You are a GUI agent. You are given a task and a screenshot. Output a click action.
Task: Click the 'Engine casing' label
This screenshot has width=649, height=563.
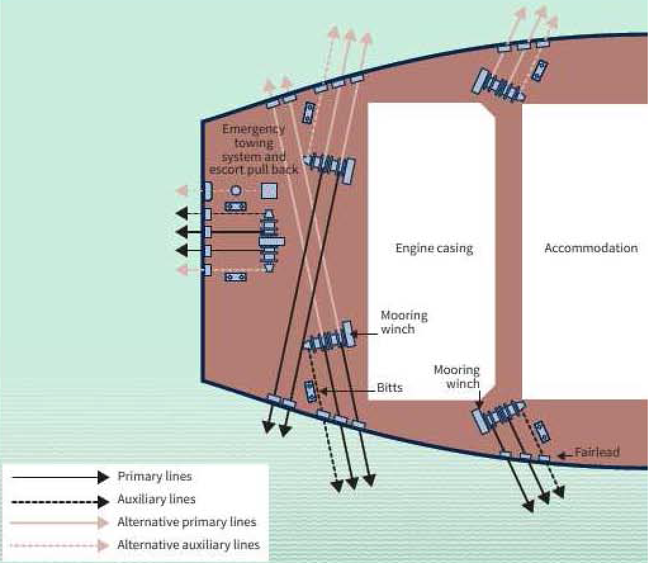click(x=434, y=249)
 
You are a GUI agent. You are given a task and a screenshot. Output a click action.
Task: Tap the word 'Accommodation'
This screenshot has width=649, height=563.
click(x=591, y=248)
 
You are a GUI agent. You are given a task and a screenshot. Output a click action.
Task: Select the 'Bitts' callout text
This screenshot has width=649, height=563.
click(x=390, y=388)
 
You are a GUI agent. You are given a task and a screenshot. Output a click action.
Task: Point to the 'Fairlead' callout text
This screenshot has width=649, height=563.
click(x=597, y=452)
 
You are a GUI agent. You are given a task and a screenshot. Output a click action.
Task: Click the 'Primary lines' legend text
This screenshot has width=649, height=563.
click(x=155, y=477)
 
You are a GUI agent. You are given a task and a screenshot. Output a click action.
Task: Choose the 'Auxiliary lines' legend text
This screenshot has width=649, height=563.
click(x=157, y=499)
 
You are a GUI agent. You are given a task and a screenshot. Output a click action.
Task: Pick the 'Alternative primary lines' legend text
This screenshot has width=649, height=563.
click(x=187, y=522)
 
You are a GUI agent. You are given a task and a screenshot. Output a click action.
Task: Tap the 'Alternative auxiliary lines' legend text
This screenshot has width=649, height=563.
click(x=189, y=545)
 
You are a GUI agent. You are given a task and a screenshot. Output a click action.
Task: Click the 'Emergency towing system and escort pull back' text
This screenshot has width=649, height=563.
click(x=254, y=150)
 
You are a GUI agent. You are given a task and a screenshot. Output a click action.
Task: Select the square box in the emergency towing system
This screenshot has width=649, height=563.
click(x=269, y=191)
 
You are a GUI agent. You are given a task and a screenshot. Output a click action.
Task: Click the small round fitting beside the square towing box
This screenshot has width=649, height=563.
click(x=236, y=191)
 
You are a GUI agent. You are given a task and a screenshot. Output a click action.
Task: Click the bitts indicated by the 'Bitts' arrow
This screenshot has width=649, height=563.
click(x=311, y=391)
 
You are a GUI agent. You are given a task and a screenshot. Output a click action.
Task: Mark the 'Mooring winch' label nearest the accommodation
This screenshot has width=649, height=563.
click(x=457, y=377)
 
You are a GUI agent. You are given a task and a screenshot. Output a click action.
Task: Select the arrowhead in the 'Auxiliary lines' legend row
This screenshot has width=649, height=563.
click(x=103, y=502)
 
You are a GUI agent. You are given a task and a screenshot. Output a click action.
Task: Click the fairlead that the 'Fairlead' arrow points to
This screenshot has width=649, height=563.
click(x=543, y=458)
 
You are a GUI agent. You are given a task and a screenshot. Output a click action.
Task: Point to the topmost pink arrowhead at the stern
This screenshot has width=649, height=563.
click(x=182, y=190)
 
